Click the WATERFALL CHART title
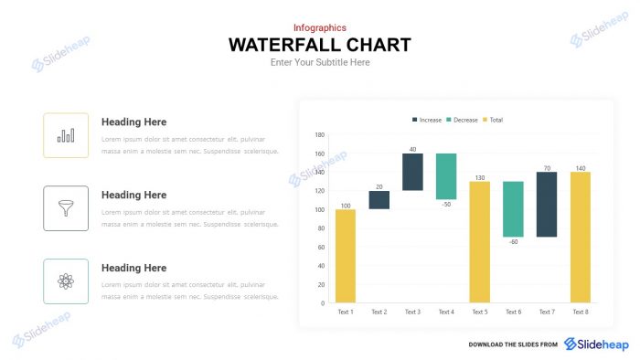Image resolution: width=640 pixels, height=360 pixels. pos(319,45)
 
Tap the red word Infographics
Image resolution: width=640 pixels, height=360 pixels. pos(319,27)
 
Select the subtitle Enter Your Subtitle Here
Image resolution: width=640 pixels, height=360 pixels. pos(319,62)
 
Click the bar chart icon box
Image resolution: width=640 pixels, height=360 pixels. pos(66,135)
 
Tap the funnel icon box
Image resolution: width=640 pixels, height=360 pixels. pos(66,208)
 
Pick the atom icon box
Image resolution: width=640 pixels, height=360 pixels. pos(66,281)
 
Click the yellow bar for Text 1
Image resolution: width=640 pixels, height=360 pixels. pos(346,256)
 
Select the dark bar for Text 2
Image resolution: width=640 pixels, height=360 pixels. pos(379,200)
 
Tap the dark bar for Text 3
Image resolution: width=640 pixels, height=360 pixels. pos(412,172)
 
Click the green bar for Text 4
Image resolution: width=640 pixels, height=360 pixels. pos(446,176)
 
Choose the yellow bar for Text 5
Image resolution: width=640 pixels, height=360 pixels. pos(479,241)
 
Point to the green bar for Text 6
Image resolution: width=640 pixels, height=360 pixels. pos(513,209)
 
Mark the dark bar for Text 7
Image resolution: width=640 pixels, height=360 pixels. pos(547,205)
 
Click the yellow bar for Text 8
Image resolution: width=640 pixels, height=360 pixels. pos(581,237)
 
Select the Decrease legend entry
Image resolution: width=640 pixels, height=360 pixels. pos(462,120)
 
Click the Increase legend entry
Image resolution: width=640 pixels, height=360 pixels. pos(427,120)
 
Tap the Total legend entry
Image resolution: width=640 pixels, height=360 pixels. pos(492,120)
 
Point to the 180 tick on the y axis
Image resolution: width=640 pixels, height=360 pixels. pos(320,134)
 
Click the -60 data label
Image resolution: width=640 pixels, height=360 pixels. pos(513,242)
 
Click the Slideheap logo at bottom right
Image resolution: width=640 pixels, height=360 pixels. pos(596,344)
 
